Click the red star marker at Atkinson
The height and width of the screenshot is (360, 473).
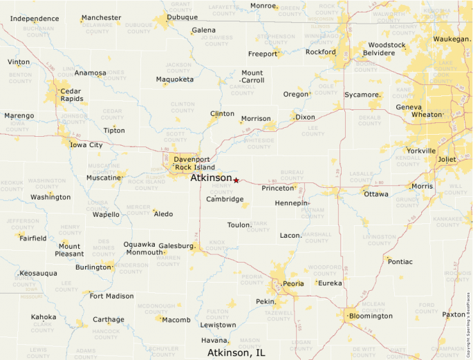[x=236, y=180]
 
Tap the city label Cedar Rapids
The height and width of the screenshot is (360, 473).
[x=71, y=95]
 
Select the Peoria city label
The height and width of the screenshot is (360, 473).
[x=293, y=283]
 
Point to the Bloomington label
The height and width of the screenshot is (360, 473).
[x=370, y=316]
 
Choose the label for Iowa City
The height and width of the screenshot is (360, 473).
[x=86, y=145]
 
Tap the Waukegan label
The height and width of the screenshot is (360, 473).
[x=450, y=39]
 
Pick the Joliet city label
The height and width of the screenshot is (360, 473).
[x=447, y=159]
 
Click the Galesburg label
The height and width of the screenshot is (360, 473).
[x=176, y=245]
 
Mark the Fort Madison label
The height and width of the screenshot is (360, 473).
[x=111, y=296]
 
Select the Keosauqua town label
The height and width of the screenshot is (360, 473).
[x=38, y=273]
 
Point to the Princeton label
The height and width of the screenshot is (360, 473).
[x=278, y=188]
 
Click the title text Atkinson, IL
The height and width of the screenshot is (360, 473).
[x=236, y=352]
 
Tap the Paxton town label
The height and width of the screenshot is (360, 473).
[x=454, y=314]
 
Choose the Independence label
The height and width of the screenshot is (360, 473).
[x=35, y=18]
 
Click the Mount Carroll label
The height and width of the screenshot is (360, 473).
[x=252, y=76]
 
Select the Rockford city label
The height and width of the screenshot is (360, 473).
[x=320, y=52]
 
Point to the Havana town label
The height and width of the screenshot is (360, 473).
[x=214, y=340]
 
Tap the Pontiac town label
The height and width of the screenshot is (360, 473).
[x=400, y=262]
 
